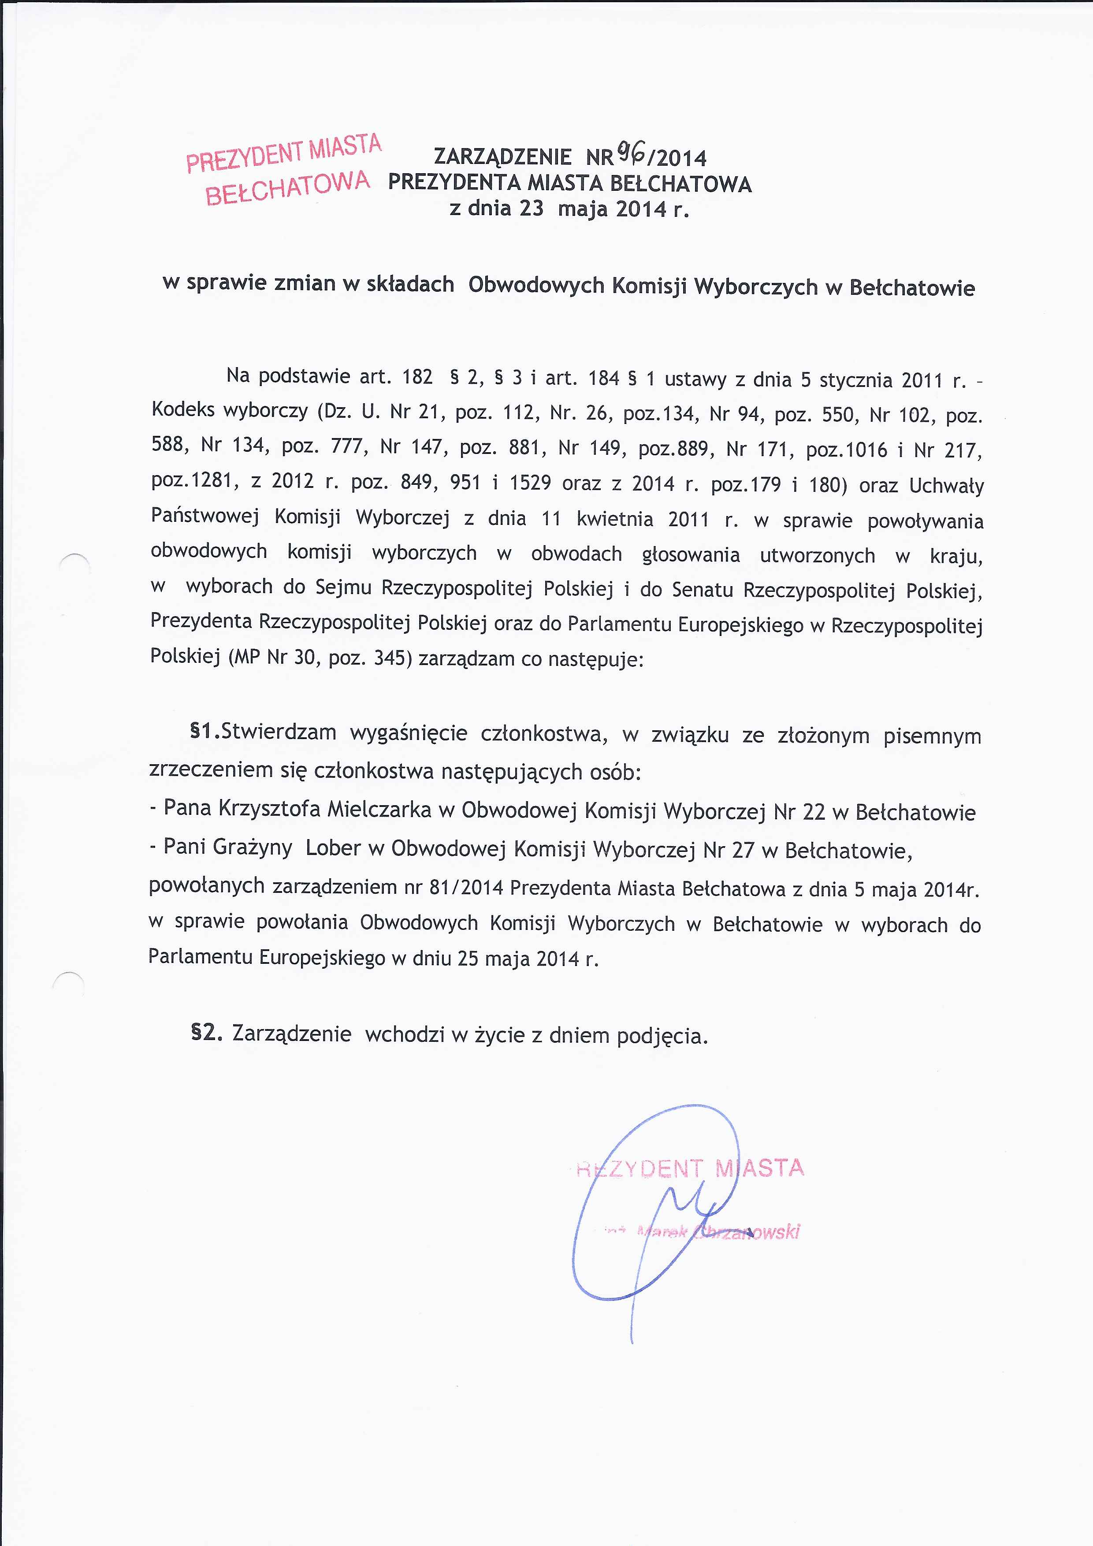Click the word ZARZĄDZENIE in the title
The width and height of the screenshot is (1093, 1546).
click(502, 157)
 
